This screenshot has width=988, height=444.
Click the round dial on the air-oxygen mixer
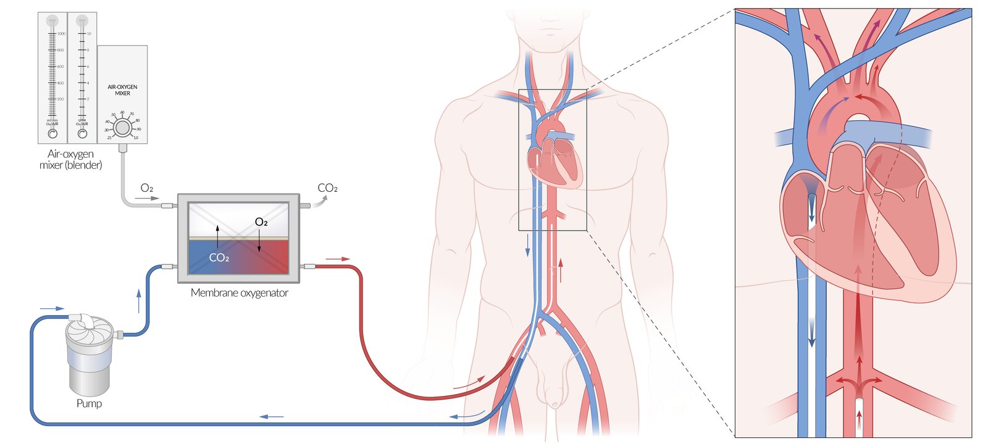click(x=122, y=128)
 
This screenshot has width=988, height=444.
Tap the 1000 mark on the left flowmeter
click(x=61, y=34)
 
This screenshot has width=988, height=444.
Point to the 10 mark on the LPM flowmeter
click(x=88, y=34)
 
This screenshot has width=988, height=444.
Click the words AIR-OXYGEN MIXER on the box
click(x=122, y=90)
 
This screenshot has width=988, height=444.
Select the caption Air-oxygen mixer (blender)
click(x=70, y=159)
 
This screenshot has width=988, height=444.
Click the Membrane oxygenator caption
click(x=239, y=293)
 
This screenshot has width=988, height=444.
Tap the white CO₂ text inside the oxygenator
click(x=219, y=258)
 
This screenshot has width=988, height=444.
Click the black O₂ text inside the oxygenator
click(x=261, y=222)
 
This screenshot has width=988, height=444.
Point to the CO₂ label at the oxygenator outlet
click(x=327, y=188)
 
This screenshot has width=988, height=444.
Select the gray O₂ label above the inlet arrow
click(x=146, y=189)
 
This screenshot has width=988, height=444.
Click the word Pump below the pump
click(x=89, y=403)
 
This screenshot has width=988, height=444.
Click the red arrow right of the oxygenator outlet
click(x=337, y=259)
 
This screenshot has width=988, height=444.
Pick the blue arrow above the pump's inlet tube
click(x=52, y=308)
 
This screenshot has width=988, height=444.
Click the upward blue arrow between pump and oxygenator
click(x=139, y=300)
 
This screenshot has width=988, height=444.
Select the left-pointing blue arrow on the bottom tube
click(x=272, y=417)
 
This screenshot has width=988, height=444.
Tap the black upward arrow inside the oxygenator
click(x=217, y=236)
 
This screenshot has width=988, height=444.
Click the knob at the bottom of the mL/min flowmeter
click(x=52, y=133)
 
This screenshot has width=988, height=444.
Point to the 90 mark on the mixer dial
click(x=139, y=129)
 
